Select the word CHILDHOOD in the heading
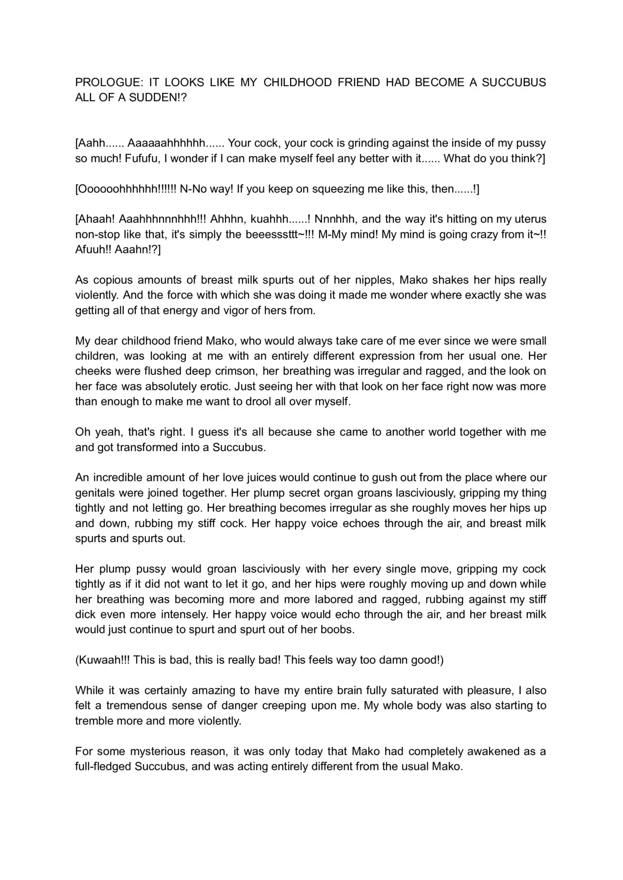[x=297, y=82]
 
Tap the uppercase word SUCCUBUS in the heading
[x=514, y=82]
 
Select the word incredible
[x=117, y=477]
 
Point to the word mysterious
[x=151, y=752]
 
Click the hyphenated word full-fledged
[x=103, y=767]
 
